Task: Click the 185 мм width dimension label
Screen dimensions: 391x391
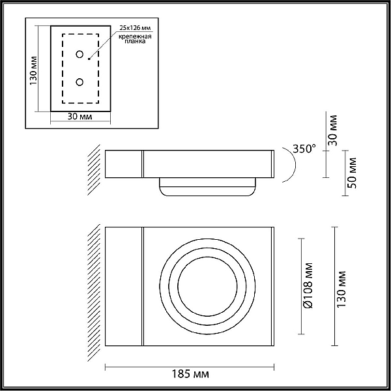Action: (x=190, y=374)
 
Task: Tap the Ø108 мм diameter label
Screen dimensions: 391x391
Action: (x=308, y=285)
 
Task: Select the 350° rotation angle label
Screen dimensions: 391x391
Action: (x=304, y=149)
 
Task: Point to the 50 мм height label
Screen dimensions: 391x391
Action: (x=353, y=173)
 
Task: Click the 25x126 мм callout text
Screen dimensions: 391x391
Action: (x=135, y=27)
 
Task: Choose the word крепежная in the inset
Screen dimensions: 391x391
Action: (x=135, y=36)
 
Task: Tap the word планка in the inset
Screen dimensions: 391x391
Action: (x=135, y=42)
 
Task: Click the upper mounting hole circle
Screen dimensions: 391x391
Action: (x=80, y=54)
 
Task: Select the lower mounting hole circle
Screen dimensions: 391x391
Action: (x=80, y=82)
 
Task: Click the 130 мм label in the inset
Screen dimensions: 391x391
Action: (x=34, y=70)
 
